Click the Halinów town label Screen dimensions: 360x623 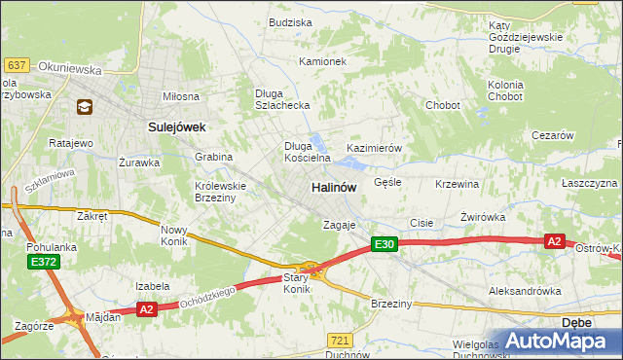(334, 187)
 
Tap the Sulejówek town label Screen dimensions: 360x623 (174, 126)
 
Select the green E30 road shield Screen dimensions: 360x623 (385, 246)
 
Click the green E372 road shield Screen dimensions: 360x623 (43, 263)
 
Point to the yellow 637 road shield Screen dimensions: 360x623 (16, 65)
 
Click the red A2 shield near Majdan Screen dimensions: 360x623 (147, 309)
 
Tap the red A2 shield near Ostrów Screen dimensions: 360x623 (554, 241)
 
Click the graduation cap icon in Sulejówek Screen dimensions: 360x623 (84, 108)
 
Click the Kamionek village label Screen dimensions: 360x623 (322, 61)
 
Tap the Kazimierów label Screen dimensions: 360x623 (375, 149)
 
